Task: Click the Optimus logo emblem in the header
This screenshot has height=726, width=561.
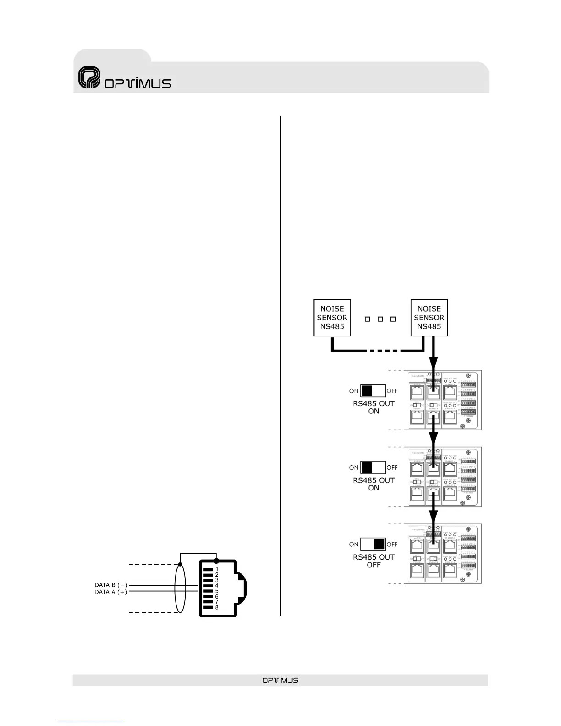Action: point(89,77)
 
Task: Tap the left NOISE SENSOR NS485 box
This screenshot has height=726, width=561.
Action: point(332,318)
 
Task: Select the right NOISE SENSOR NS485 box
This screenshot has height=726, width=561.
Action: point(429,318)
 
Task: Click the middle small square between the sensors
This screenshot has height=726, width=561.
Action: point(380,319)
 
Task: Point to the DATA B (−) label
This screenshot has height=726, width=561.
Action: point(110,585)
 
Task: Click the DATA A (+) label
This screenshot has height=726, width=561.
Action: point(110,592)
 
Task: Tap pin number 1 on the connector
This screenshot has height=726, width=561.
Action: point(217,569)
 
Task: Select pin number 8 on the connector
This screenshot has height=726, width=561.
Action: point(217,607)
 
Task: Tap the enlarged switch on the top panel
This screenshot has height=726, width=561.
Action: point(373,390)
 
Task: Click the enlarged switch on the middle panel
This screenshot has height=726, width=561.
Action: point(373,467)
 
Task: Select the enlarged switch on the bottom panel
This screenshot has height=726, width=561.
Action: point(373,544)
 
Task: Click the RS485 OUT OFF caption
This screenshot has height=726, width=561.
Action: point(374,561)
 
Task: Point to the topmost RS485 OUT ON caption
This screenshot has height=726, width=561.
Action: point(374,407)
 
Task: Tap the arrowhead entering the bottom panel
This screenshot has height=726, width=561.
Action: point(434,517)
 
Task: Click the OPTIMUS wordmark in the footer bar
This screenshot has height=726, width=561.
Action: point(280,680)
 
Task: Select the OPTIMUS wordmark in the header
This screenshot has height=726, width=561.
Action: point(138,83)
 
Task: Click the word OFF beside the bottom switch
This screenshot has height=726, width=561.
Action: point(392,544)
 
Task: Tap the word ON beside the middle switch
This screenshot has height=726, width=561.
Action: point(354,468)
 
